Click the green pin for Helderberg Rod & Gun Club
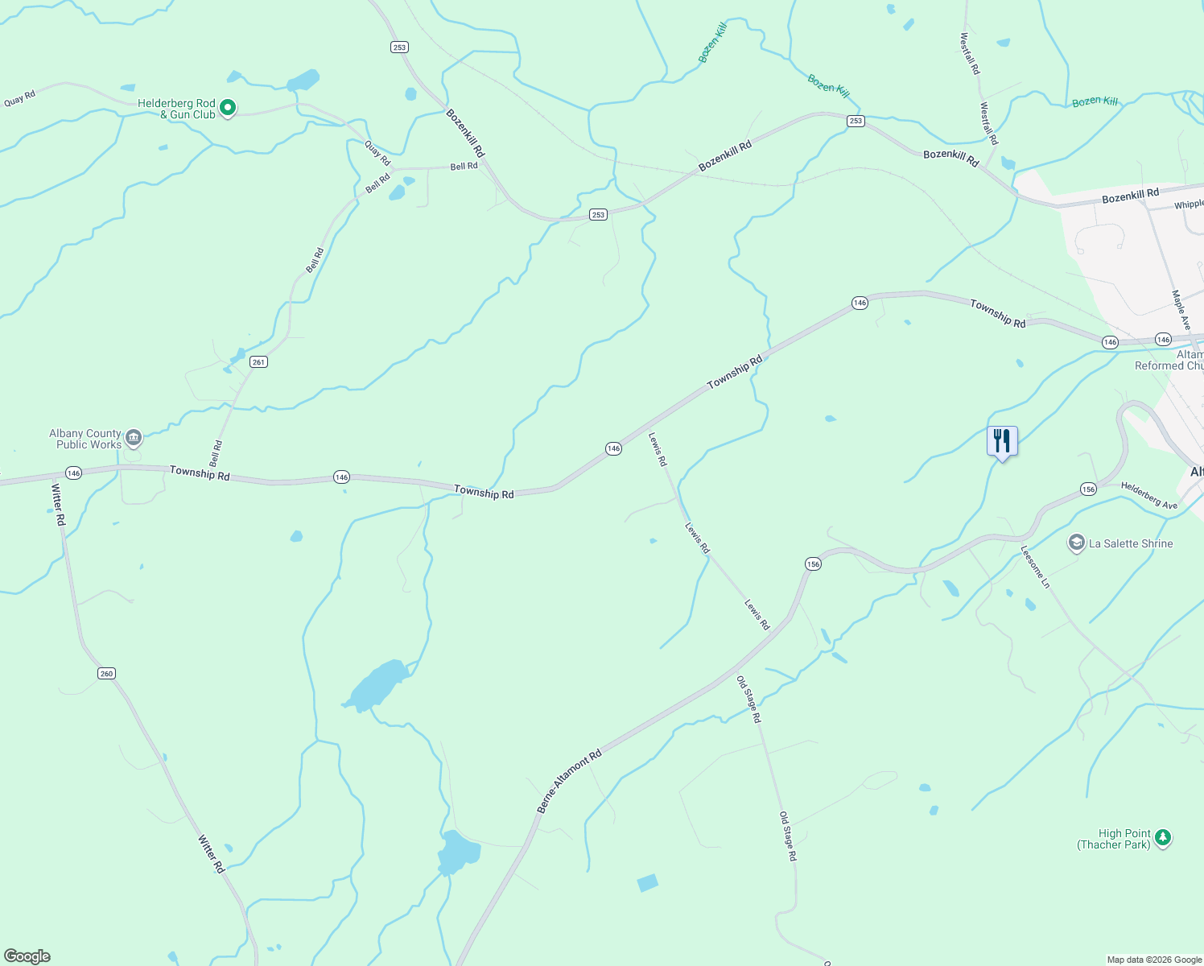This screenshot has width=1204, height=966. pos(228,107)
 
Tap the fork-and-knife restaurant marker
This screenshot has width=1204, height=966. pos(1002,441)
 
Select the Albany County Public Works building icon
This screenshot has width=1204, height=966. pos(134,438)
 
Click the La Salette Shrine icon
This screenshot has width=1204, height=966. pos(1076,543)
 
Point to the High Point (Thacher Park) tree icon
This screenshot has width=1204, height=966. pos(1162,838)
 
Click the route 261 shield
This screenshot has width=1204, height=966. pos(258,362)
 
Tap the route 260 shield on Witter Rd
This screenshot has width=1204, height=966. pos(107,673)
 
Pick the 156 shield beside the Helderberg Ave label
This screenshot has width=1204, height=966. pos(1088,489)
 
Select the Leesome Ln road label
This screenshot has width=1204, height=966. pos(1035,567)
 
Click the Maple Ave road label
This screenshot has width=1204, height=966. pos(1181,310)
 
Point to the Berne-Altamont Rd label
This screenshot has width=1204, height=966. pos(569,782)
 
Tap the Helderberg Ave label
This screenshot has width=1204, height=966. pos(1148,496)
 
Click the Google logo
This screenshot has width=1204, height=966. pos(27,956)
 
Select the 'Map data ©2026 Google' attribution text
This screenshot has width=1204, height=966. pos(1154,960)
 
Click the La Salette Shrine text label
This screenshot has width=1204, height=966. pos(1131,544)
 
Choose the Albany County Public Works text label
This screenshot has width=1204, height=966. pos(85,439)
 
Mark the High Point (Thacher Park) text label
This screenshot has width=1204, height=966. pos(1115,839)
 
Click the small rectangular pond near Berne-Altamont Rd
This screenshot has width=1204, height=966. pos(648,883)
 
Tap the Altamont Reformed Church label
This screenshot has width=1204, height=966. pos(1171,360)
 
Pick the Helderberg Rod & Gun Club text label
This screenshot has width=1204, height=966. pos(177,109)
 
